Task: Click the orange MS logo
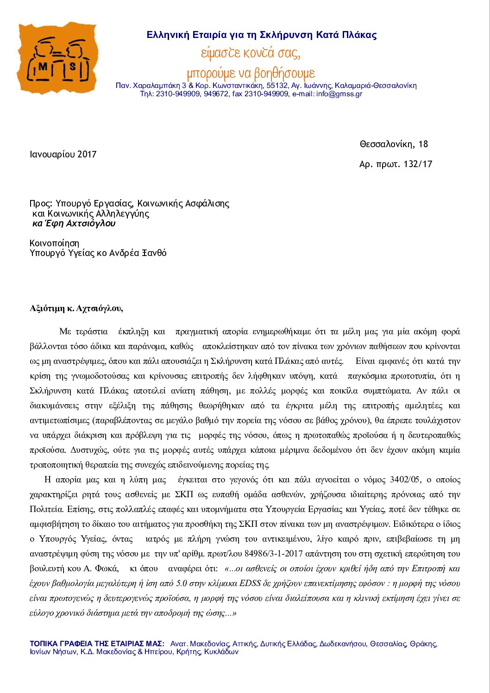click(x=57, y=58)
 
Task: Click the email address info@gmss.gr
click(x=339, y=94)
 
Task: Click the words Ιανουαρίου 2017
click(x=63, y=154)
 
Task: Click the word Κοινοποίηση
click(x=54, y=243)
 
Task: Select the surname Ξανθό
click(x=154, y=253)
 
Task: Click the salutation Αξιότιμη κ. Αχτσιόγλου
click(x=76, y=308)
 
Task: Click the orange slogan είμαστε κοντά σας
click(x=251, y=53)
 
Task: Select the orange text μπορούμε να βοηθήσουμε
click(x=251, y=73)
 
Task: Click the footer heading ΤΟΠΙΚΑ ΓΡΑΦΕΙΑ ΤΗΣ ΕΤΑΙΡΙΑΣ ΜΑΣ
click(x=97, y=643)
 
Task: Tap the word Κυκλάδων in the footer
click(x=221, y=652)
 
